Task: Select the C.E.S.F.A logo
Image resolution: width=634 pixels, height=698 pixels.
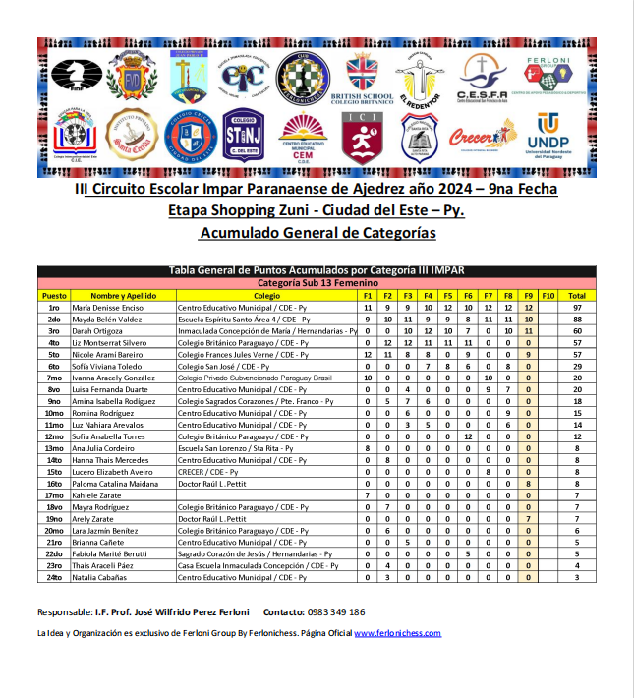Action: point(482,78)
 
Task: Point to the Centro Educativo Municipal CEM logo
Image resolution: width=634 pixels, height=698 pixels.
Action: point(303,137)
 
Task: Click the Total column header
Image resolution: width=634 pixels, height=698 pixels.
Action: point(577,295)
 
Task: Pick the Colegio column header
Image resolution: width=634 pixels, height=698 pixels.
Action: point(266,295)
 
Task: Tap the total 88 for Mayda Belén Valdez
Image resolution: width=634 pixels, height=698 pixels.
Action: point(577,320)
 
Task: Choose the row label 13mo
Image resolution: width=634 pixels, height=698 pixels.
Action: point(54,448)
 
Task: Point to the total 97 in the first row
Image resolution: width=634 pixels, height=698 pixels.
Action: point(577,308)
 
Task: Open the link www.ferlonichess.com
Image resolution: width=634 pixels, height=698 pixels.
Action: point(397,634)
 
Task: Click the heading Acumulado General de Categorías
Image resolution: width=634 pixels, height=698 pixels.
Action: point(317,233)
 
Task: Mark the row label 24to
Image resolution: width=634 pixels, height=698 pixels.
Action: point(54,578)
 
